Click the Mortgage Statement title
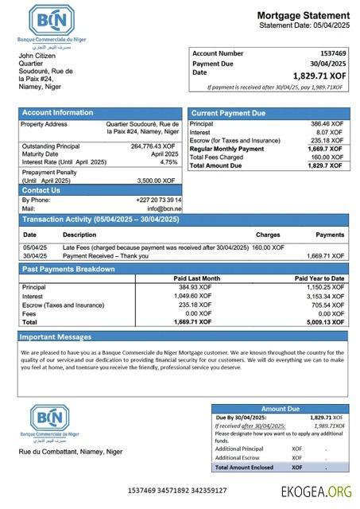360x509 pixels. (x=303, y=15)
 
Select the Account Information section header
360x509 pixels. (x=57, y=113)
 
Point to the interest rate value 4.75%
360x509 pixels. (x=168, y=161)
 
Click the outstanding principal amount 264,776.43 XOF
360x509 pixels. (x=153, y=146)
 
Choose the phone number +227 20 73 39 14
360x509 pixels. (x=159, y=200)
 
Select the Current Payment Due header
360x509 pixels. (x=228, y=113)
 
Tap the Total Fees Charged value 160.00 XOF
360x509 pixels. (x=327, y=157)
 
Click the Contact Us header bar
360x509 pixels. (x=41, y=190)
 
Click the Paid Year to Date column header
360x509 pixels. (x=319, y=278)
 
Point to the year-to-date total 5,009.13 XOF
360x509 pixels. (x=325, y=323)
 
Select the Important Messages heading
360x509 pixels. (x=56, y=337)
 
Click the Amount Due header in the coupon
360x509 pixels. (x=280, y=409)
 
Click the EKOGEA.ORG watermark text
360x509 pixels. (x=316, y=491)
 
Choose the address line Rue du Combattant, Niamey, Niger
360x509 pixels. (x=70, y=452)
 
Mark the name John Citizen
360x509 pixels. (x=37, y=56)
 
